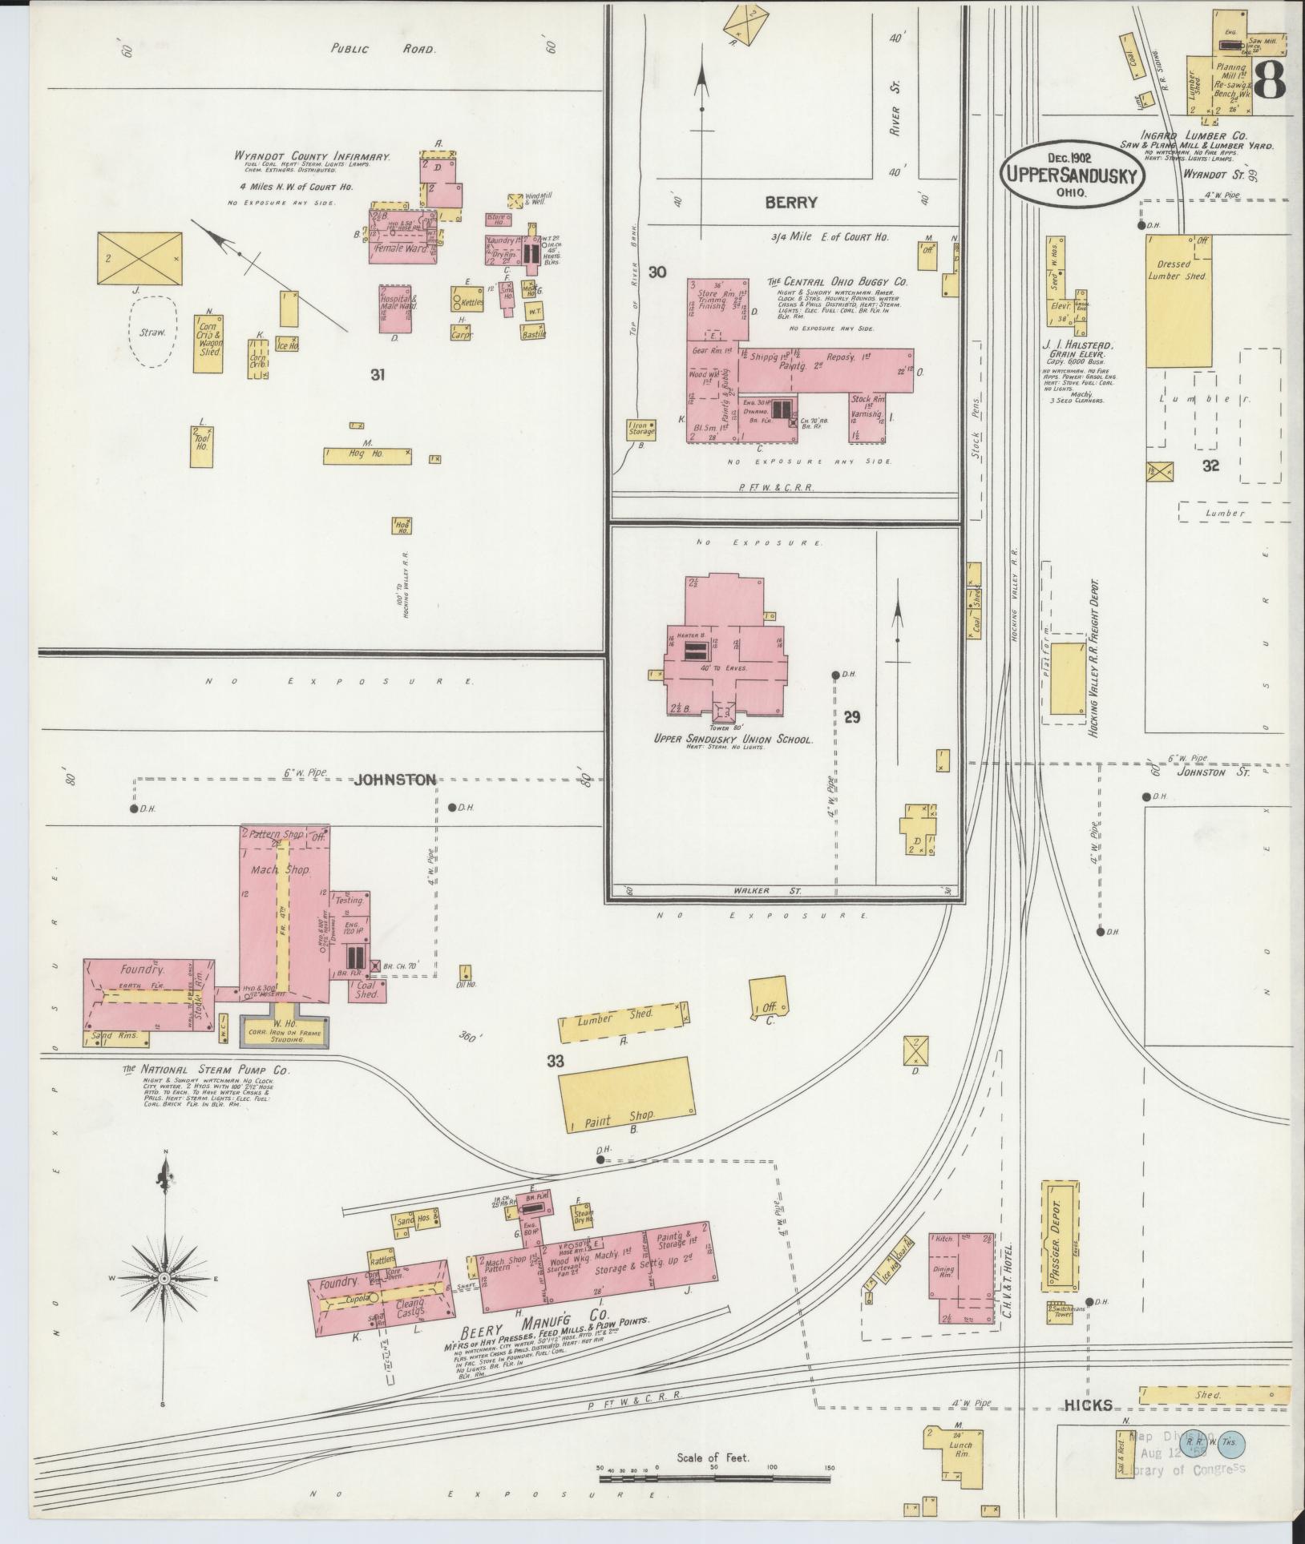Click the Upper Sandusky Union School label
click(733, 740)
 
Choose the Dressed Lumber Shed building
click(1178, 300)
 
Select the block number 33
click(556, 1062)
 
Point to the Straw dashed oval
click(152, 331)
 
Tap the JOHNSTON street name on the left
click(395, 780)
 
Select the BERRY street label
click(790, 203)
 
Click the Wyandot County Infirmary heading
click(313, 157)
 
